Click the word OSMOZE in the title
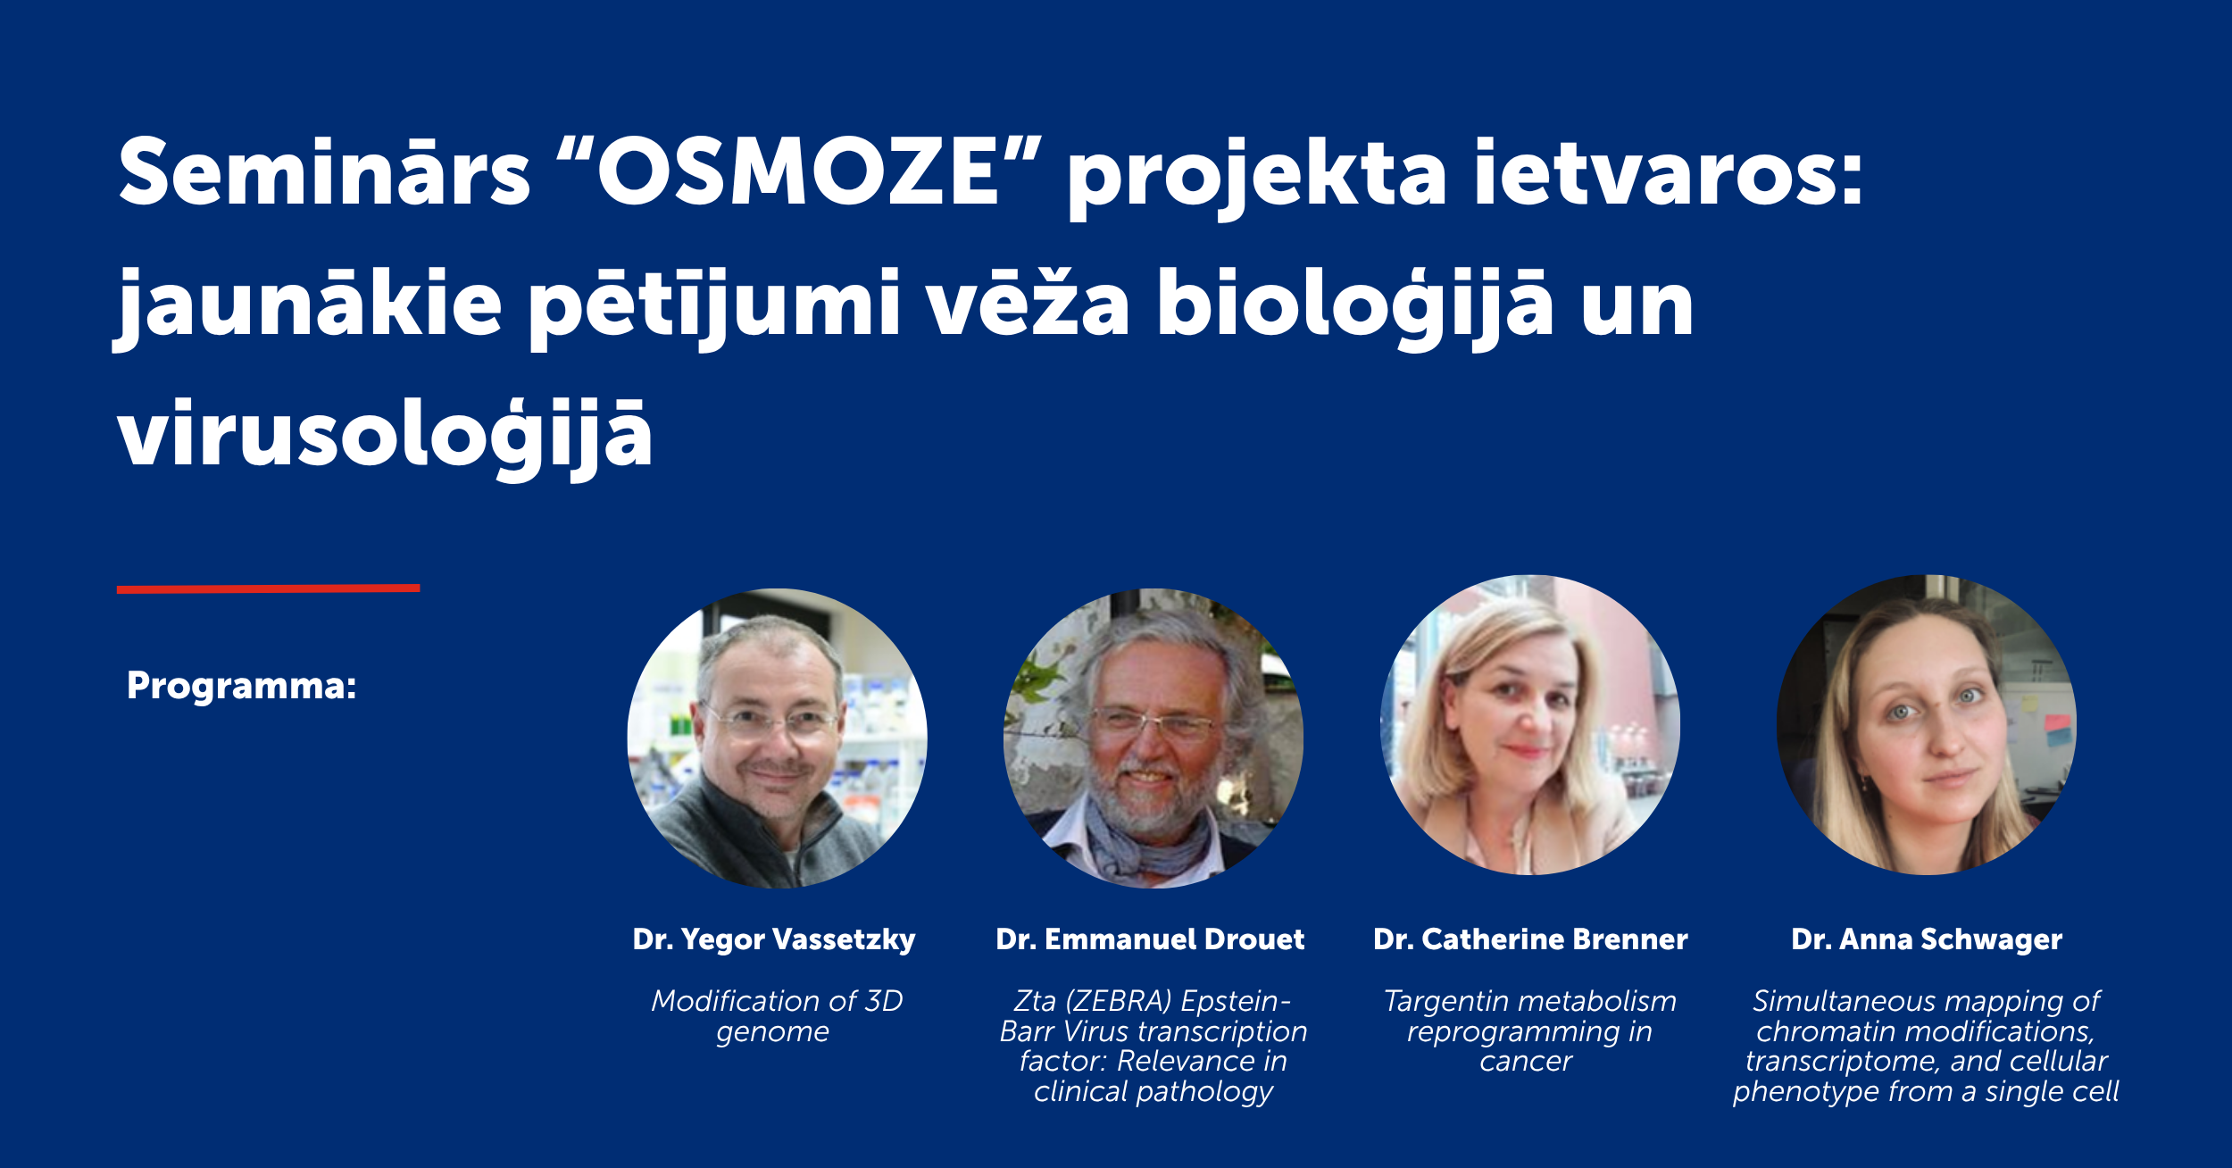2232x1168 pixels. (797, 171)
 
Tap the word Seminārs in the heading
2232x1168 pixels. (325, 171)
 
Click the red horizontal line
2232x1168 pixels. (268, 588)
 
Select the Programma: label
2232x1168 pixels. (242, 686)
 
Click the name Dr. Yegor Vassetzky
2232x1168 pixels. (774, 940)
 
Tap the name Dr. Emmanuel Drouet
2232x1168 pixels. (1150, 939)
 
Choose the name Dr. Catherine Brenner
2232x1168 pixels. (1530, 939)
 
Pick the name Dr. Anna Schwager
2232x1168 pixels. (1927, 940)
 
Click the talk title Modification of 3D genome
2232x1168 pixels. (777, 1016)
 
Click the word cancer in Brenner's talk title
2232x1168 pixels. (1526, 1062)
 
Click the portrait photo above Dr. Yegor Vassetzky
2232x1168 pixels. (777, 738)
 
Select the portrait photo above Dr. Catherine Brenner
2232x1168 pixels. (1530, 725)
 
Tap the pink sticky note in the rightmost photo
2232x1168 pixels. (2058, 722)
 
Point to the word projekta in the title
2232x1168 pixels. (1257, 178)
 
